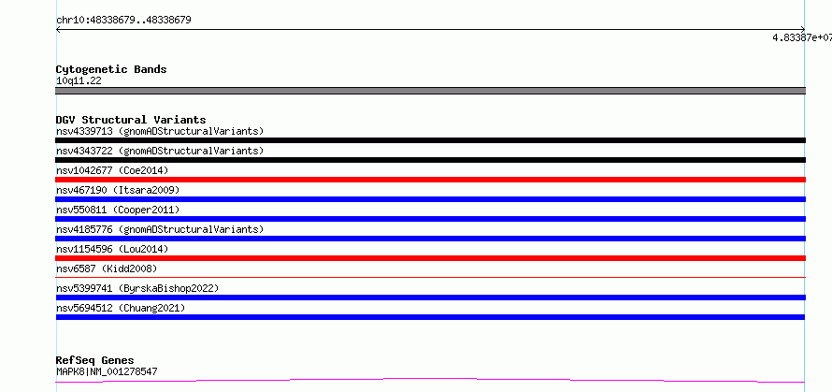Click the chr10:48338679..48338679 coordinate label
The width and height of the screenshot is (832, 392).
tap(123, 21)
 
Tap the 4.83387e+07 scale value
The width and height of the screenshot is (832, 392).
tap(802, 37)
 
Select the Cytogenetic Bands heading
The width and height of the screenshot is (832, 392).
tap(111, 69)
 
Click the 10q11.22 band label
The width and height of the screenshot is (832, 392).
tap(79, 81)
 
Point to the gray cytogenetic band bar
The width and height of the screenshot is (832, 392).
tap(430, 91)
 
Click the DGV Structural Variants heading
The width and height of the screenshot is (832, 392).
tap(131, 120)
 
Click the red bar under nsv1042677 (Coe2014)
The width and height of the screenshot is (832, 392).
tap(430, 180)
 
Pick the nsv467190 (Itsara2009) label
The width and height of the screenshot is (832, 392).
tap(118, 190)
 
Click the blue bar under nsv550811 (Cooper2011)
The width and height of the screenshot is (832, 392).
tap(430, 219)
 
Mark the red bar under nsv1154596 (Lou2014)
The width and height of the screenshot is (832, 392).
tap(430, 258)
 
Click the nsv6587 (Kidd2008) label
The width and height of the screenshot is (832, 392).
tap(107, 269)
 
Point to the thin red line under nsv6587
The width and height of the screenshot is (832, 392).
tap(430, 277)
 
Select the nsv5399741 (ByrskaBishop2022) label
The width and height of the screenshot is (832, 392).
tap(137, 288)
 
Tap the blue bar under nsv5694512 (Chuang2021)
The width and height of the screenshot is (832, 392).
tap(430, 317)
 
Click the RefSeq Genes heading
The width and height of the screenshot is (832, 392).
tap(95, 361)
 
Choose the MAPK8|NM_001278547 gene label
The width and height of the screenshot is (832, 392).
tap(107, 371)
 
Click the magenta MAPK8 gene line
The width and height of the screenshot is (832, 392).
tap(430, 380)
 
